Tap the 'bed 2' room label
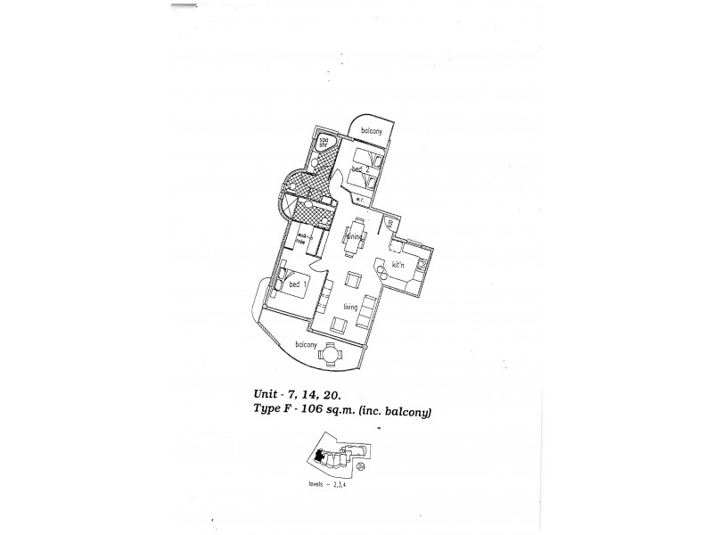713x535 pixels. [360, 169]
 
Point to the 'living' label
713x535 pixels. [350, 306]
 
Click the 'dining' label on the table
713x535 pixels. [359, 235]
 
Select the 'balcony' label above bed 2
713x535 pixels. [372, 132]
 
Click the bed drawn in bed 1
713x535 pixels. [294, 285]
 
